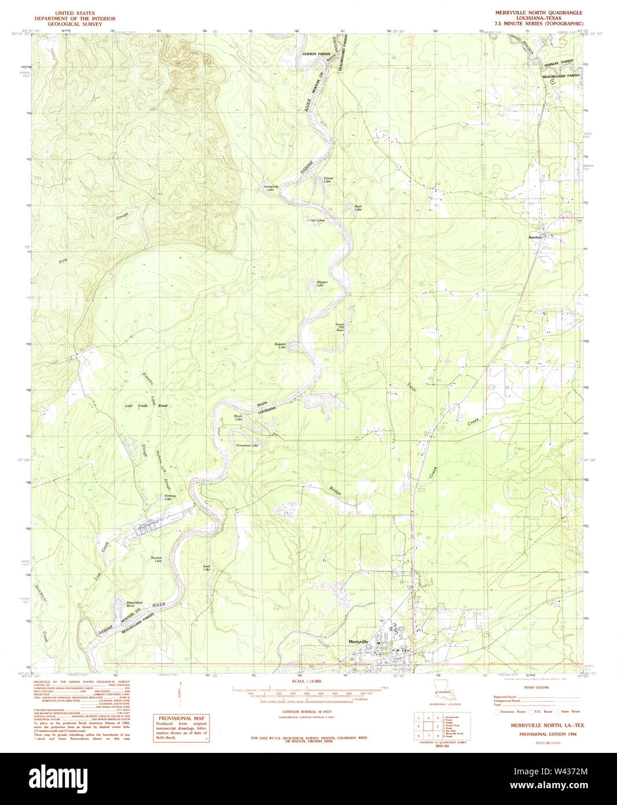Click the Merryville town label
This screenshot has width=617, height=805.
pyautogui.click(x=359, y=641)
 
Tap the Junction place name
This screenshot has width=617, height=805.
pyautogui.click(x=535, y=237)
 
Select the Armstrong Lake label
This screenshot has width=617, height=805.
pyautogui.click(x=271, y=188)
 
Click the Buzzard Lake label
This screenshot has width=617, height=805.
pyautogui.click(x=281, y=346)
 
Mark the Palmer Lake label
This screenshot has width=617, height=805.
pyautogui.click(x=328, y=180)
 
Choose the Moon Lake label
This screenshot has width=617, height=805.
pyautogui.click(x=238, y=417)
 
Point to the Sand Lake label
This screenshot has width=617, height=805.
pyautogui.click(x=207, y=568)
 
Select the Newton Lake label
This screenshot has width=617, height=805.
pyautogui.click(x=157, y=559)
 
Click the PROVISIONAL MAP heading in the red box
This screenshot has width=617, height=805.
pyautogui.click(x=181, y=718)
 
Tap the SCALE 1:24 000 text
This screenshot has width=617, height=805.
pyautogui.click(x=306, y=681)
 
